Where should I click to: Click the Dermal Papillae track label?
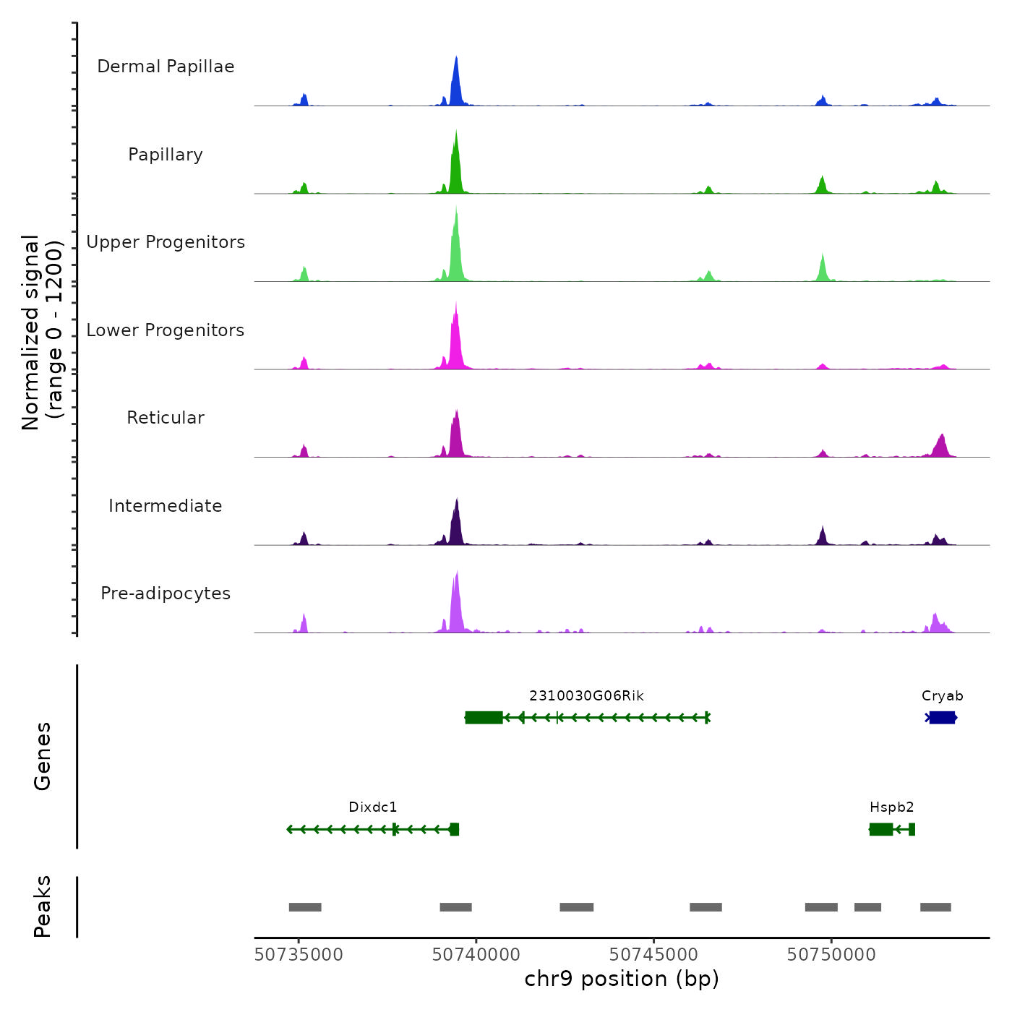coord(166,67)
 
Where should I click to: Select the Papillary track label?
coord(166,155)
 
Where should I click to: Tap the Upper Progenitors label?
coord(166,242)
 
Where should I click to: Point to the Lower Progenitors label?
coord(166,330)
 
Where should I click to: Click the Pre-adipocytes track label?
coord(166,593)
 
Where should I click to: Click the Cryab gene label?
coord(942,696)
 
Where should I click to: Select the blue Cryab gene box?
coord(942,717)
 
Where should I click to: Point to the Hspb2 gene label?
coord(891,807)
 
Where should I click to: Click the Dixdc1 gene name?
coord(373,807)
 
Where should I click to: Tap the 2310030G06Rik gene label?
coord(586,696)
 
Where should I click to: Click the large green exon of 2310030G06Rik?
coord(484,717)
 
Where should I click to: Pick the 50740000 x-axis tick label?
coord(476,955)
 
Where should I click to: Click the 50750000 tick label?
coord(831,955)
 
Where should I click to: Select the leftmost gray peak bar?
coord(305,907)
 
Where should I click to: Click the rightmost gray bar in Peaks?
coord(935,907)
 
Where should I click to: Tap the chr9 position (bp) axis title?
coord(622,979)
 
